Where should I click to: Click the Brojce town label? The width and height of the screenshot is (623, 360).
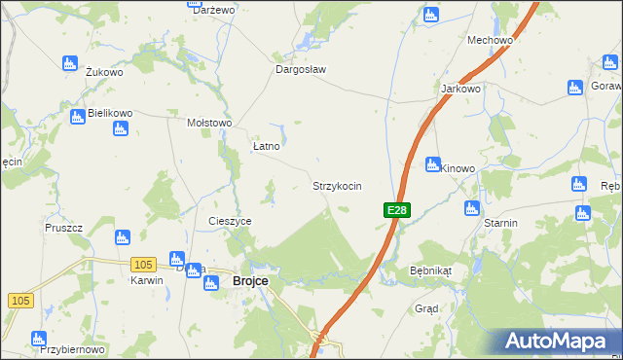pos(250,281)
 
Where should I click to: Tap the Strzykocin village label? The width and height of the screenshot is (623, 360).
pos(337,185)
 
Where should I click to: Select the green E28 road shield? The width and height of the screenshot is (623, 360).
pos(397,209)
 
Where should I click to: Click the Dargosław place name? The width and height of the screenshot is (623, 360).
pos(301,70)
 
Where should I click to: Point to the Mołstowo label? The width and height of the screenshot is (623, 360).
pos(209,124)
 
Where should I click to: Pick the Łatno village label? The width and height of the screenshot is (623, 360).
pos(267,146)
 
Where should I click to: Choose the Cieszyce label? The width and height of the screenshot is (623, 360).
pos(231,221)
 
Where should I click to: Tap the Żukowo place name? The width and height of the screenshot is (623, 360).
pos(104,72)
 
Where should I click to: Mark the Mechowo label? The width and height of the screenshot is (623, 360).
pos(490,40)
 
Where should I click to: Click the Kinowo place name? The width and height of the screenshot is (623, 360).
pos(458,168)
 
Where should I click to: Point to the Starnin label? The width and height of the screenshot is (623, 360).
pos(501,223)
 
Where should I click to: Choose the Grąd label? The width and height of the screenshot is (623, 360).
pos(426,308)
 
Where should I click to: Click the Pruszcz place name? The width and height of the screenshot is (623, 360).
pos(63,228)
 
